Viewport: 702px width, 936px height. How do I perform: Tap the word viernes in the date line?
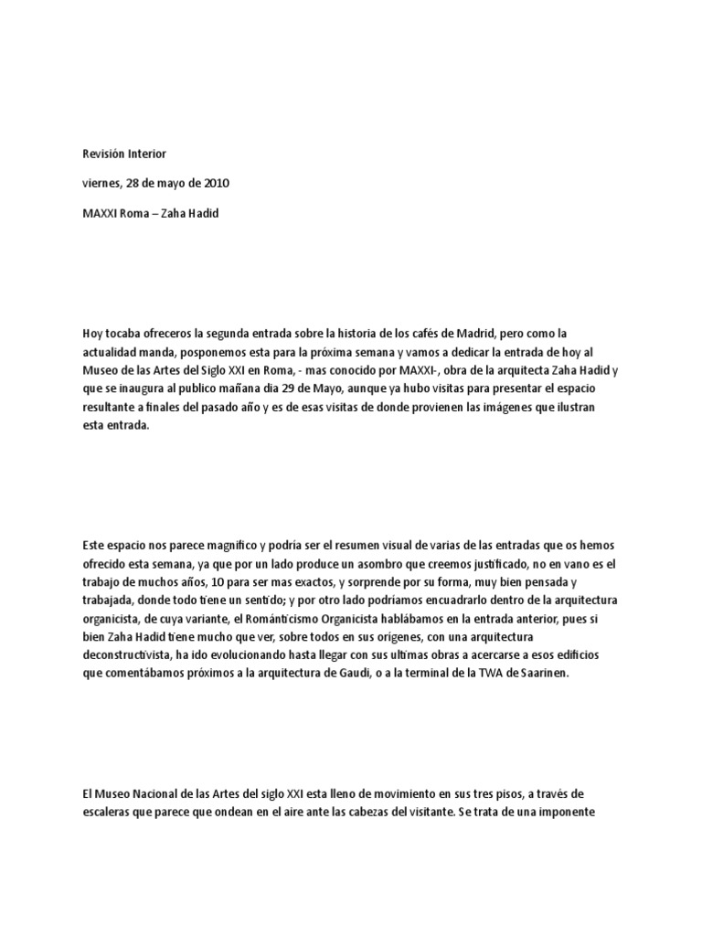click(101, 183)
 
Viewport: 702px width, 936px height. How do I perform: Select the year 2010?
click(216, 183)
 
